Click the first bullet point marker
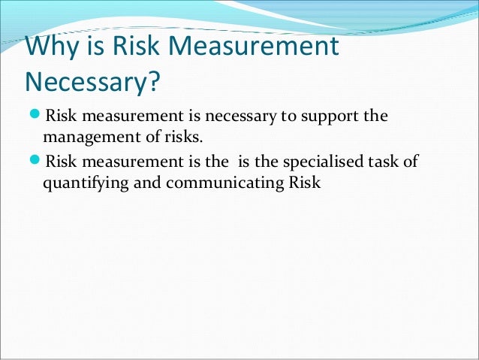[x=35, y=117]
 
